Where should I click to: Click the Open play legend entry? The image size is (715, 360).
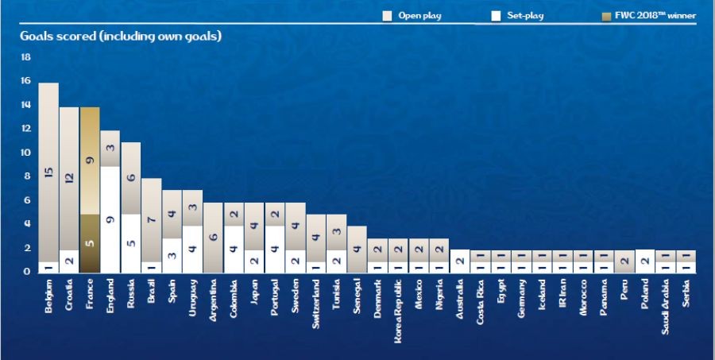[x=412, y=15]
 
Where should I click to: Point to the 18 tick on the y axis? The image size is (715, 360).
[x=25, y=57]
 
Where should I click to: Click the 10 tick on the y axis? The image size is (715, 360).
[x=25, y=153]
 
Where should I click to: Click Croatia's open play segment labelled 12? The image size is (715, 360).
[x=69, y=179]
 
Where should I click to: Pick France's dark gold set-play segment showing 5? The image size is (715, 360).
[x=90, y=243]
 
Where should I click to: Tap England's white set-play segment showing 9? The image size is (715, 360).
[x=110, y=219]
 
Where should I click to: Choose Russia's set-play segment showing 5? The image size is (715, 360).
[x=131, y=243]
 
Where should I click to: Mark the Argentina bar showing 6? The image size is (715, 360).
[x=214, y=238]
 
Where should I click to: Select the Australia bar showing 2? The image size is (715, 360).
[x=459, y=261]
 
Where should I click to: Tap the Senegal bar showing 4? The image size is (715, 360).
[x=357, y=250]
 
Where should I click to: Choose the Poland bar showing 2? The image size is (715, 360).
[x=645, y=261]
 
